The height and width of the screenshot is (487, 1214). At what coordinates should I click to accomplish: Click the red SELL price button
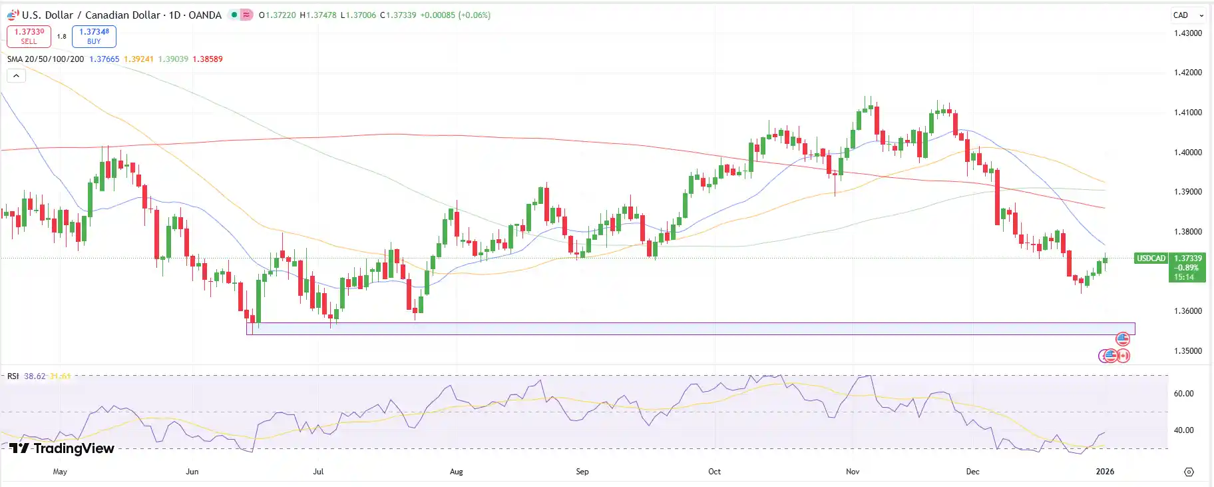click(29, 36)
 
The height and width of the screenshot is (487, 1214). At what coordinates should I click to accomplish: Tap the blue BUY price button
click(94, 36)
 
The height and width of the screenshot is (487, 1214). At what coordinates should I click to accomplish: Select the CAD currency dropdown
click(1188, 15)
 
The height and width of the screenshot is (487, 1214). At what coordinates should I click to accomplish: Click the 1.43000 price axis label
click(1188, 33)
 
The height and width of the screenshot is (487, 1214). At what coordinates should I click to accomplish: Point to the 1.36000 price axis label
click(1188, 311)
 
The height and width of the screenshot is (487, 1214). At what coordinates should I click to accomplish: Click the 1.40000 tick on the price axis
click(1188, 153)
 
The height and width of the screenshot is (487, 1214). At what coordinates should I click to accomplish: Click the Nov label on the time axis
click(853, 472)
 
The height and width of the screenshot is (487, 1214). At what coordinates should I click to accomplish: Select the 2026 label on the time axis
click(1105, 472)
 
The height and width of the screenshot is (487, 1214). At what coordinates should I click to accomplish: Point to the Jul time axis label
click(318, 472)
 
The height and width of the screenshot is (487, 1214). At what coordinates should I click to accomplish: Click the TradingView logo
click(62, 448)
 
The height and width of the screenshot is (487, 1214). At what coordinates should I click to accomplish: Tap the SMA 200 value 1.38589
click(208, 59)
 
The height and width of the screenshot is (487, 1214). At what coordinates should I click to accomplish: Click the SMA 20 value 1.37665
click(104, 59)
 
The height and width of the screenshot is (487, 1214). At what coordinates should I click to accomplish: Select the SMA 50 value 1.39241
click(138, 59)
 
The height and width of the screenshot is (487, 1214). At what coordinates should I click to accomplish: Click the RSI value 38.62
click(35, 376)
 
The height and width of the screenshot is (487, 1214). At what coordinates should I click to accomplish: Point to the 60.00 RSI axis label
click(1183, 394)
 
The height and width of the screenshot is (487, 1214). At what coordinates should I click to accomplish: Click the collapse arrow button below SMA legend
click(16, 75)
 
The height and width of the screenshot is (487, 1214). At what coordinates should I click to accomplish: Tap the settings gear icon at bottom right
click(1189, 472)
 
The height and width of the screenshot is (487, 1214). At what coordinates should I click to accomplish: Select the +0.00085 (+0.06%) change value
click(455, 15)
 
